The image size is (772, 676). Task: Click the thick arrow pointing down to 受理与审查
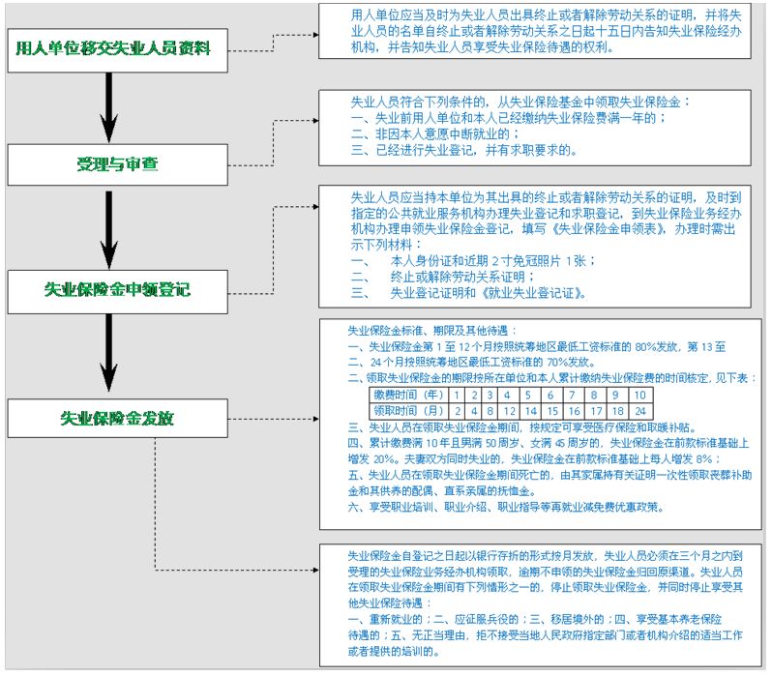pos(108,106)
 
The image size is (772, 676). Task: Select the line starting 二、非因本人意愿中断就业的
pos(435,133)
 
